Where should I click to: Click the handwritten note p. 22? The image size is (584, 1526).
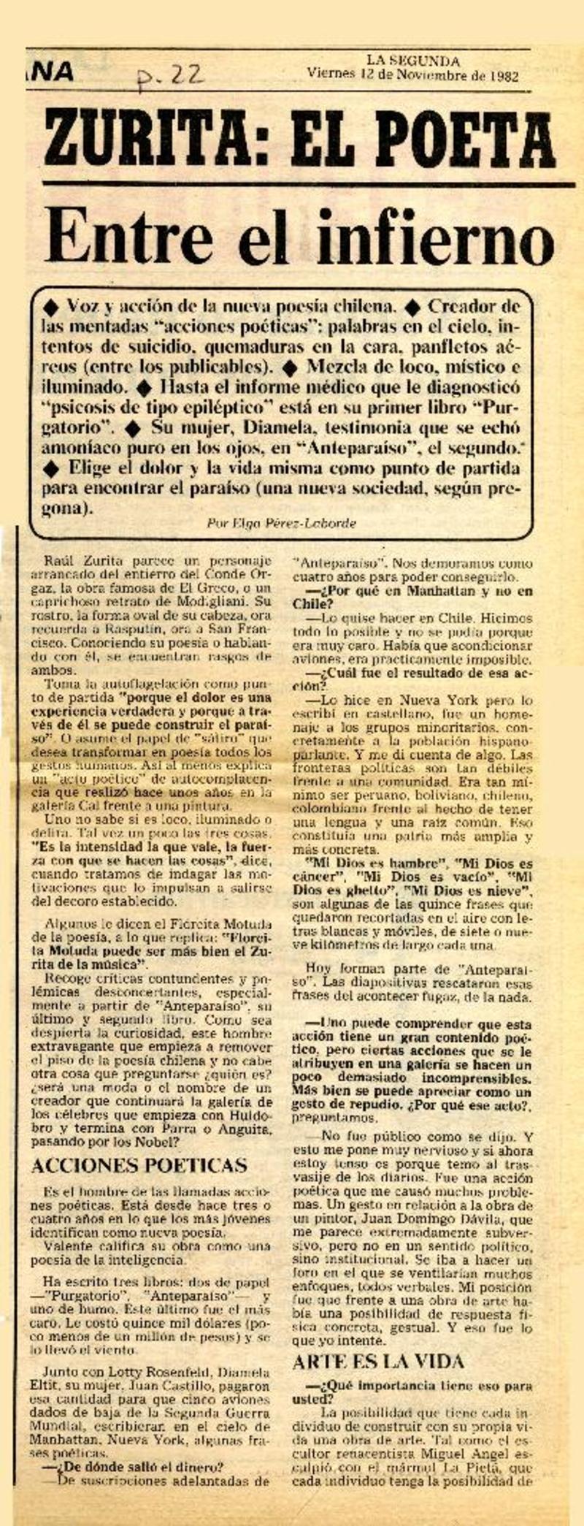coord(172,73)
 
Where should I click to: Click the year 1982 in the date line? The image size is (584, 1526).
coord(503,75)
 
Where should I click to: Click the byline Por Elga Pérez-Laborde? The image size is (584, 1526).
coord(282,523)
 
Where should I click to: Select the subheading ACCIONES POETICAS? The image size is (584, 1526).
coord(139,1165)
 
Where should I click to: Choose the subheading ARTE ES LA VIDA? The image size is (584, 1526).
coord(378,1362)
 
